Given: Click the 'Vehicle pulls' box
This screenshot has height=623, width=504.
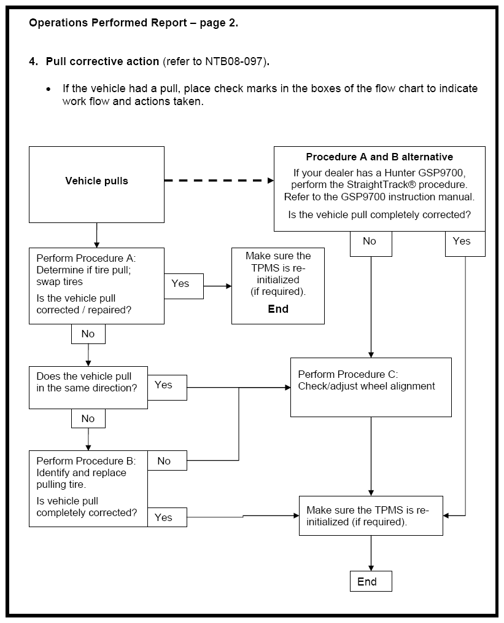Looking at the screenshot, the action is point(96,184).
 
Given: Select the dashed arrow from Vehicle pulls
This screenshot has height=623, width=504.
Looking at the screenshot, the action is point(219,181).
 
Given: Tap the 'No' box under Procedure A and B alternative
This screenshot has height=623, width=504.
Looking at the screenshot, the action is point(371,243).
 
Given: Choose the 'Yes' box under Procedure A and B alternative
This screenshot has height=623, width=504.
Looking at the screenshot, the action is point(465,243).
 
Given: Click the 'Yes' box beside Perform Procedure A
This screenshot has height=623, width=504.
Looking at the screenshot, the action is point(184,286).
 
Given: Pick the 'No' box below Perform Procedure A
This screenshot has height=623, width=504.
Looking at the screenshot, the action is point(88,334).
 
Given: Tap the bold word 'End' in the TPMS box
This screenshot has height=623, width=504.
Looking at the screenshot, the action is point(278,309).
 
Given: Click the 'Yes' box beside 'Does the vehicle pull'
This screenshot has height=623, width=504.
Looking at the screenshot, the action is point(167,388).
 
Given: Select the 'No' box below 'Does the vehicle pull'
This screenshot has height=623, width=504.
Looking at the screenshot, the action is point(88,418).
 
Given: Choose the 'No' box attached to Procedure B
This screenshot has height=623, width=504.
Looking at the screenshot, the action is point(167,461).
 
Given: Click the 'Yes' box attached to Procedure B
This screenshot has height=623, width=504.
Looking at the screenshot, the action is point(167,517).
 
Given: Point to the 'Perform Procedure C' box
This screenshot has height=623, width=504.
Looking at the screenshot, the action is point(371,388).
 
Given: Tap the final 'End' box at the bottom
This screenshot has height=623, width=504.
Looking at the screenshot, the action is point(371,581).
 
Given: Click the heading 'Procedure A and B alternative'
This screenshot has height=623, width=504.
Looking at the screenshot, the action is point(379,157).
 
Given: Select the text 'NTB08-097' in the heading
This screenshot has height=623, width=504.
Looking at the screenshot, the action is point(234,61).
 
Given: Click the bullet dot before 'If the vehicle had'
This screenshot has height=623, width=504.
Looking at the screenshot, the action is point(48,90).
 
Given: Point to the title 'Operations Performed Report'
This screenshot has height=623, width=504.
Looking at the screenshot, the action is point(108,23).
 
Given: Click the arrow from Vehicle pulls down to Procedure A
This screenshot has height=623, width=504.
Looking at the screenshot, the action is point(96,235).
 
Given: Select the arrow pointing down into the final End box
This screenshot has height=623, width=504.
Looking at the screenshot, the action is point(371,553).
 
